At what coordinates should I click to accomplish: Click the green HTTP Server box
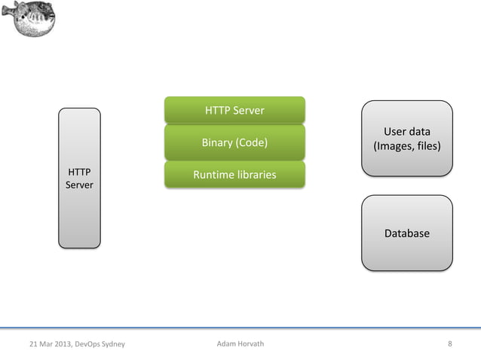[234, 110]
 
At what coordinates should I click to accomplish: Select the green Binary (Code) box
[234, 142]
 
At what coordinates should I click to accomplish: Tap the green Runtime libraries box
[234, 175]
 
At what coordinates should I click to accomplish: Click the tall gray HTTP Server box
[79, 178]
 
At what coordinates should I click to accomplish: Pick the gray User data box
[407, 139]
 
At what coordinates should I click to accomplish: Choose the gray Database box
[407, 233]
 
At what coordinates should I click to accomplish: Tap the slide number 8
[450, 344]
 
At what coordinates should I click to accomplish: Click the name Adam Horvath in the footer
[240, 344]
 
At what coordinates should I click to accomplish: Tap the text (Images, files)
[407, 146]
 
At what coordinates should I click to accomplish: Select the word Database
[407, 233]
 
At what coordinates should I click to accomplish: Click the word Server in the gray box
[79, 185]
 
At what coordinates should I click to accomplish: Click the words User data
[407, 132]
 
